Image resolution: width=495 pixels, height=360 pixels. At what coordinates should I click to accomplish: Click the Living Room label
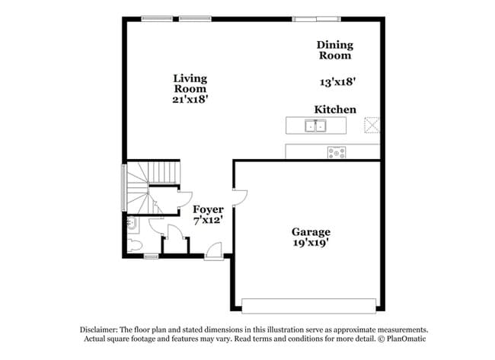(x=190, y=83)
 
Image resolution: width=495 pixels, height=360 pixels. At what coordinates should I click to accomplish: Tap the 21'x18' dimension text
(x=190, y=100)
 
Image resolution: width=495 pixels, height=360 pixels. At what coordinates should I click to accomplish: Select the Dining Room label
(x=335, y=49)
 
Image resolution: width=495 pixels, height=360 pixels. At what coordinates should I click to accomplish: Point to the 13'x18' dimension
(x=338, y=82)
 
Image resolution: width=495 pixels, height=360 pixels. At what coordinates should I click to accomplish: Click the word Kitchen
(x=335, y=110)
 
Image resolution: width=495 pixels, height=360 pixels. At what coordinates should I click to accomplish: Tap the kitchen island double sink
(x=315, y=126)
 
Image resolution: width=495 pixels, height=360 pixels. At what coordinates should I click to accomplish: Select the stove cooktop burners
(x=337, y=153)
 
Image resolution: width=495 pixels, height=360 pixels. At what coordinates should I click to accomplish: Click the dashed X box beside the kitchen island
(x=372, y=125)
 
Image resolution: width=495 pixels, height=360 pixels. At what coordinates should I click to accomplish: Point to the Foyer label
(x=209, y=209)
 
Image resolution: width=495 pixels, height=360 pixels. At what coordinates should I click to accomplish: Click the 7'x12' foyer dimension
(x=209, y=220)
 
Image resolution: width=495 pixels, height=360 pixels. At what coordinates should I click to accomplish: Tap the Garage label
(x=311, y=232)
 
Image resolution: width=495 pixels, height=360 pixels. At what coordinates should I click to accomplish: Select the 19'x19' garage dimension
(x=311, y=243)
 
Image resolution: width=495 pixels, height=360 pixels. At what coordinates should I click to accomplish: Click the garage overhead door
(x=308, y=306)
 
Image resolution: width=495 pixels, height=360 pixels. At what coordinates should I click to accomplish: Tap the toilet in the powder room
(x=135, y=245)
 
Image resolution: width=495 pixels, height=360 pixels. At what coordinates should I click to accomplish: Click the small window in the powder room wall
(x=152, y=256)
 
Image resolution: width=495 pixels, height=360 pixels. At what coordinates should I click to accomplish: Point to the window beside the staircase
(x=124, y=187)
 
